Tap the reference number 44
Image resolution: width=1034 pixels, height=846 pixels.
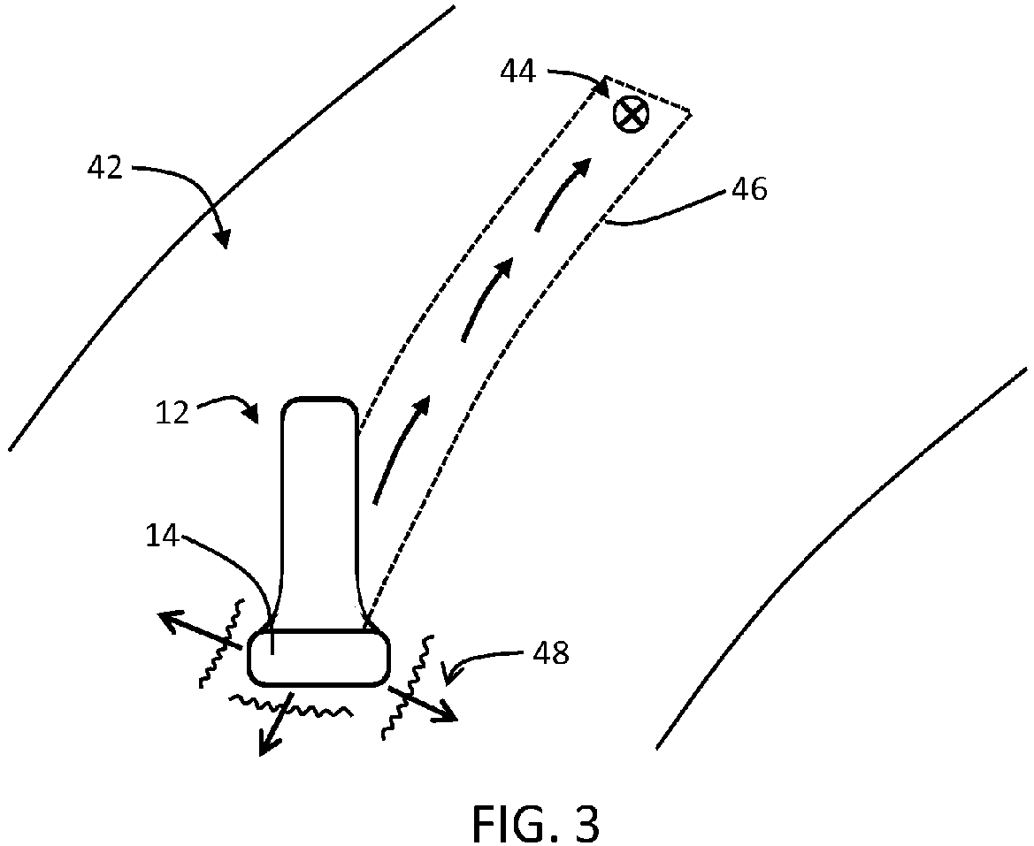pos(517,72)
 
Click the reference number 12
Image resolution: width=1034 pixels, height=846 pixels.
pos(173,411)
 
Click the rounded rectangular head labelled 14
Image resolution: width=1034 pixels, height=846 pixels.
pos(318,657)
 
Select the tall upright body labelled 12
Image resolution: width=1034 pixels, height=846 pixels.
pos(319,504)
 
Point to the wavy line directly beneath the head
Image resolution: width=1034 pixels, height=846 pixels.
pos(292,705)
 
